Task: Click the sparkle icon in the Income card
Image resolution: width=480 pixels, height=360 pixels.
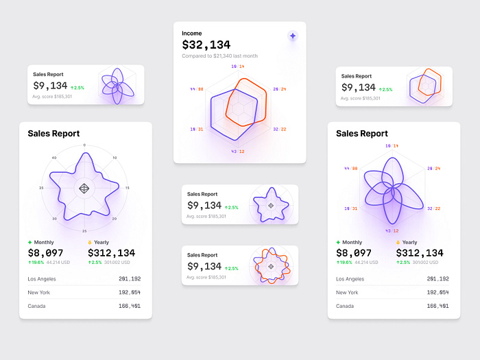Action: coord(293,36)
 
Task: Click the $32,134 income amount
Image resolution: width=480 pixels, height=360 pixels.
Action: coord(206,45)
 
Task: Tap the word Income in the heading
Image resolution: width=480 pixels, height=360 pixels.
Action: coord(192,33)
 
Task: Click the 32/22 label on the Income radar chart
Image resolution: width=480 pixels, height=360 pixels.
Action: coord(280,129)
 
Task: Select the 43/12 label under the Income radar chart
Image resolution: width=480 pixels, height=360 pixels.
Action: coord(238,152)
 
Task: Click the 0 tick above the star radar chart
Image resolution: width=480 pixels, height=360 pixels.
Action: coord(84,145)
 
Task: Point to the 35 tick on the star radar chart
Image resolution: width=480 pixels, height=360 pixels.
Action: coord(42,188)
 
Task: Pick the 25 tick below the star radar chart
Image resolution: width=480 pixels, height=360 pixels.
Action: coord(84,231)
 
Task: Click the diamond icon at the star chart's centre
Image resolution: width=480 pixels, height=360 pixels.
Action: coord(84,188)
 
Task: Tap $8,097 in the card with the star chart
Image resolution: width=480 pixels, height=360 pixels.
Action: coord(46,253)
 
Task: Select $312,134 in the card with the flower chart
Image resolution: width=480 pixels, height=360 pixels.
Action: coord(420,253)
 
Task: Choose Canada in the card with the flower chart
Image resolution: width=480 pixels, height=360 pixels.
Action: coord(345,306)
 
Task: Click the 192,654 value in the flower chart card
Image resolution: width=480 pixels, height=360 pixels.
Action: coord(437,292)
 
